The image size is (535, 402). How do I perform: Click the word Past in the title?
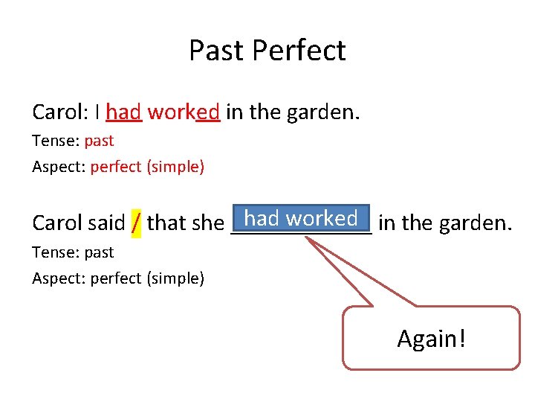217,51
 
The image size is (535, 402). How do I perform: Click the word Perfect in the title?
299,51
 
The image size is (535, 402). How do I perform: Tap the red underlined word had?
123,112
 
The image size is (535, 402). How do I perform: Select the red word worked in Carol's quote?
184,112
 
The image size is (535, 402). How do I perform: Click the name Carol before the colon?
57,112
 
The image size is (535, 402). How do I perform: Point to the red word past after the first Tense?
99,140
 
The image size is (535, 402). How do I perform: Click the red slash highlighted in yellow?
136,223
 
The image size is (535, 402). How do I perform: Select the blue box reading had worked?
301,218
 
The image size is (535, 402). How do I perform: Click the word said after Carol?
106,223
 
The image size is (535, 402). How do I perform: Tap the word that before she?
168,223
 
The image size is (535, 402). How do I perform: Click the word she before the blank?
209,223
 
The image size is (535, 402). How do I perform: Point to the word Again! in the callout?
432,339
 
